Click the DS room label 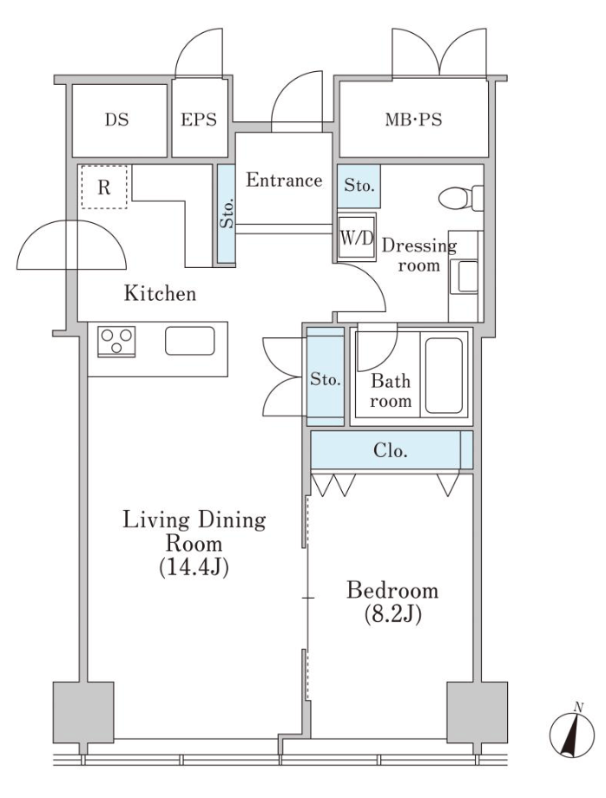pyautogui.click(x=116, y=120)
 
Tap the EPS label pyautogui.click(x=199, y=120)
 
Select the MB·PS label pyautogui.click(x=413, y=120)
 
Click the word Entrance pyautogui.click(x=284, y=180)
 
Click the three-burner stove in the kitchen pyautogui.click(x=116, y=341)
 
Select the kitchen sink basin pyautogui.click(x=190, y=341)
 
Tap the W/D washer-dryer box pyautogui.click(x=357, y=237)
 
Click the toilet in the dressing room pyautogui.click(x=460, y=198)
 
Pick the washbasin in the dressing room pyautogui.click(x=467, y=277)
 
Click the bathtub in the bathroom pyautogui.click(x=444, y=376)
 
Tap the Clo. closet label pyautogui.click(x=391, y=450)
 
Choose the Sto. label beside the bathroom pyautogui.click(x=325, y=380)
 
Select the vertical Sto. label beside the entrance pyautogui.click(x=227, y=213)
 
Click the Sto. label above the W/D pyautogui.click(x=359, y=186)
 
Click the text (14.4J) pyautogui.click(x=194, y=567)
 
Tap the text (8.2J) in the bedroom pyautogui.click(x=392, y=614)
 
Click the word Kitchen pyautogui.click(x=160, y=294)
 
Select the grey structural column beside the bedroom pyautogui.click(x=478, y=712)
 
